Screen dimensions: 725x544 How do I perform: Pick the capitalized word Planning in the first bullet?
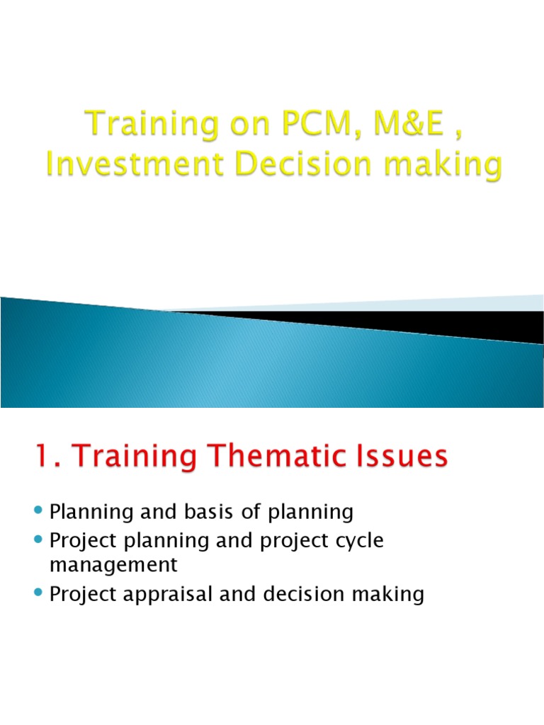coord(89,511)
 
